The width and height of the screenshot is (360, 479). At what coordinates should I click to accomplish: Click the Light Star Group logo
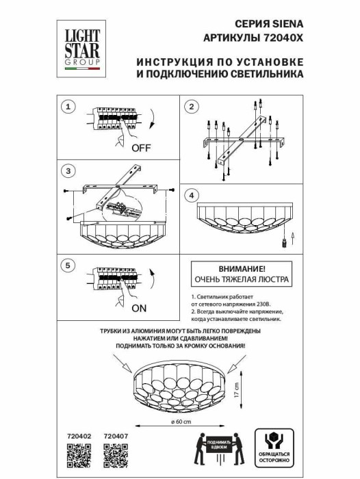[80, 46]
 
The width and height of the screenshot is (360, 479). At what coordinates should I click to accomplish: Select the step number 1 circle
[67, 107]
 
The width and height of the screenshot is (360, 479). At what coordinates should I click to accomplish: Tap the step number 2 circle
[192, 107]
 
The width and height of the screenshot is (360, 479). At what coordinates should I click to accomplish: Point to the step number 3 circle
[67, 170]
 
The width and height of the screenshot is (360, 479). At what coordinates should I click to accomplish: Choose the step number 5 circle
[67, 265]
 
